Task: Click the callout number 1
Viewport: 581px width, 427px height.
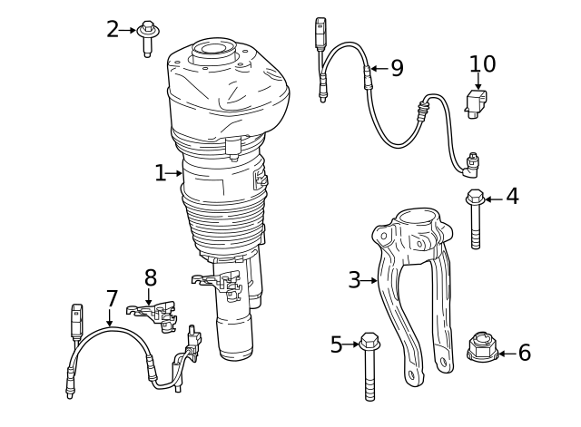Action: click(x=160, y=173)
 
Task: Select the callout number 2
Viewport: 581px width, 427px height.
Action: click(x=113, y=29)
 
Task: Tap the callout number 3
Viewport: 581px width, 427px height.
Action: click(x=354, y=280)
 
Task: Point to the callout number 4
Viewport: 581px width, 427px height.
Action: click(x=512, y=197)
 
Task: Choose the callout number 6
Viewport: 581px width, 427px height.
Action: click(x=524, y=353)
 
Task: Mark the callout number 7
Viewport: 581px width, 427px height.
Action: click(x=111, y=298)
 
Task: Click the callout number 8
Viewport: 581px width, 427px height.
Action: click(x=150, y=277)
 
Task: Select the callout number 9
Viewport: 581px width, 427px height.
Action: click(x=397, y=69)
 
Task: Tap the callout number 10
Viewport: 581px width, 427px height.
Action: click(x=482, y=63)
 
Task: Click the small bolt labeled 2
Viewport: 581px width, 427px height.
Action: click(x=147, y=35)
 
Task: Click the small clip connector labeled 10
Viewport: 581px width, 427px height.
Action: click(x=477, y=102)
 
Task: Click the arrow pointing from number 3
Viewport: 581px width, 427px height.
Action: click(x=369, y=281)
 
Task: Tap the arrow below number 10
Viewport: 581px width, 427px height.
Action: click(x=478, y=82)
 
